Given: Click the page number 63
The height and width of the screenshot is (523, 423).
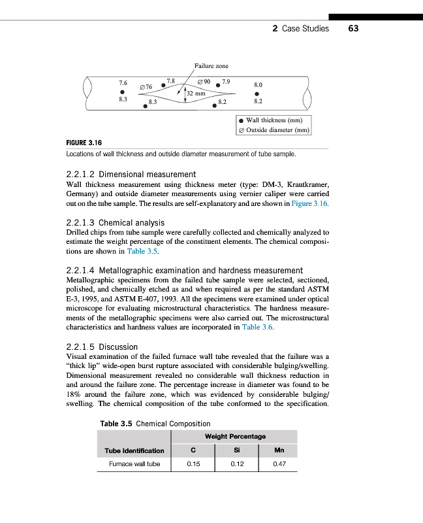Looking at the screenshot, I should (354, 29).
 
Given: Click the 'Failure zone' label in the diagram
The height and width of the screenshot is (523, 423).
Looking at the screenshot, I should (211, 65).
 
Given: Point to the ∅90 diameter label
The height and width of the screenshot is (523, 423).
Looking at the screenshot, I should (204, 82).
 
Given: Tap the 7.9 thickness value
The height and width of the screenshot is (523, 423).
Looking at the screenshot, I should (226, 81).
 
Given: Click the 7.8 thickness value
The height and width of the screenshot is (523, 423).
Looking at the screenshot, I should (171, 80).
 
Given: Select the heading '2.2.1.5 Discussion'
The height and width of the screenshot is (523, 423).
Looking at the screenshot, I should (102, 346).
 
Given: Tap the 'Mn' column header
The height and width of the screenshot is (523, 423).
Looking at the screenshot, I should (280, 450).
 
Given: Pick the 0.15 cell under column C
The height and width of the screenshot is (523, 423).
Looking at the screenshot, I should (193, 465).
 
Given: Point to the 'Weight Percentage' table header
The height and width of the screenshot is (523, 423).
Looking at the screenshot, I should (235, 436).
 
